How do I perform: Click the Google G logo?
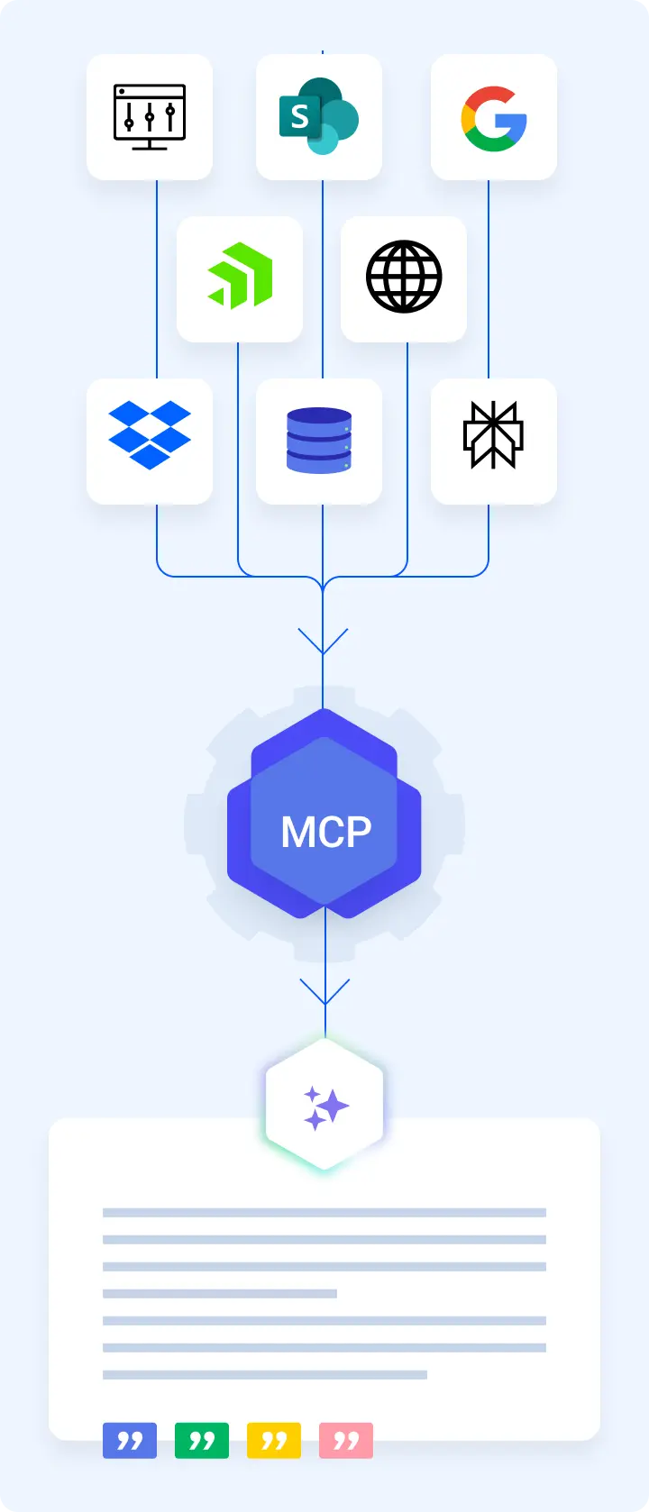pos(494,118)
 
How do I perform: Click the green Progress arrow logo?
pos(240,276)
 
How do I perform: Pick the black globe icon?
pos(404,277)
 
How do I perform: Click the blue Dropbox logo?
pos(150,435)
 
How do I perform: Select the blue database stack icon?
pos(319,441)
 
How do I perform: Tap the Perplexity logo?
pos(493,435)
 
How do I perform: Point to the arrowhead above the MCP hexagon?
pos(323,642)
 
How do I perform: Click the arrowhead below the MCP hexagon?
pos(324,992)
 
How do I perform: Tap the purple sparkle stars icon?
pos(324,1107)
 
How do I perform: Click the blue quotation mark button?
pos(130,1440)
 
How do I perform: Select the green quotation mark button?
pos(202,1440)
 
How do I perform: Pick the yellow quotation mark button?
pos(274,1440)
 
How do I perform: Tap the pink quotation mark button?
pos(346,1440)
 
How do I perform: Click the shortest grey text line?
pos(220,1293)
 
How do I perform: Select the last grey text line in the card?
pos(265,1374)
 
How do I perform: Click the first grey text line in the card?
pos(324,1212)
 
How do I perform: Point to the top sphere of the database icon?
pos(319,417)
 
